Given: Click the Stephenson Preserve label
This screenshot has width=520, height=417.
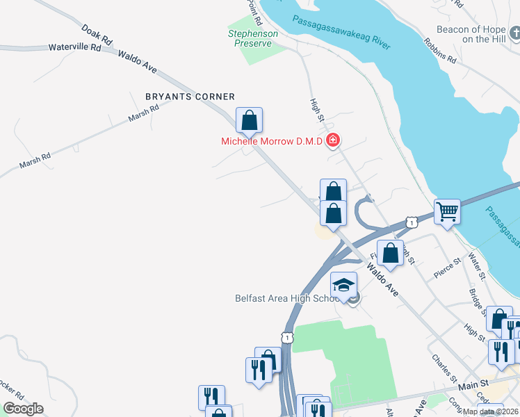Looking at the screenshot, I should pyautogui.click(x=253, y=39).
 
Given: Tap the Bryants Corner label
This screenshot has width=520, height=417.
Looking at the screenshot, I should pyautogui.click(x=190, y=97).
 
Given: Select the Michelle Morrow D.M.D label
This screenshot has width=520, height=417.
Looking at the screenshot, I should pyautogui.click(x=272, y=141).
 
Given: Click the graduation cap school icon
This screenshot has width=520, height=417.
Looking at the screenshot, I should pyautogui.click(x=343, y=284).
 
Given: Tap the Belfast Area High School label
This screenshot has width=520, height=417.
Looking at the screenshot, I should pyautogui.click(x=286, y=299).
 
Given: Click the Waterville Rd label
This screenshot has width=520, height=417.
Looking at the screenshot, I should pyautogui.click(x=75, y=48).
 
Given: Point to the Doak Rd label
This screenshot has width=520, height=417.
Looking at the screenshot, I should pyautogui.click(x=97, y=36).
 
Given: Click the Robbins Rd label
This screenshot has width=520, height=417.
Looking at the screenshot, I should pyautogui.click(x=440, y=49).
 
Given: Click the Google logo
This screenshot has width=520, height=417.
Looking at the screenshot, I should pyautogui.click(x=23, y=409).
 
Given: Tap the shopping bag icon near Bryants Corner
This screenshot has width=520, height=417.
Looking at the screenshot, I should pyautogui.click(x=249, y=120).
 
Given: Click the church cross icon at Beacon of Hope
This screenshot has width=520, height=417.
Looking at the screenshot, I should pyautogui.click(x=514, y=33).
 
